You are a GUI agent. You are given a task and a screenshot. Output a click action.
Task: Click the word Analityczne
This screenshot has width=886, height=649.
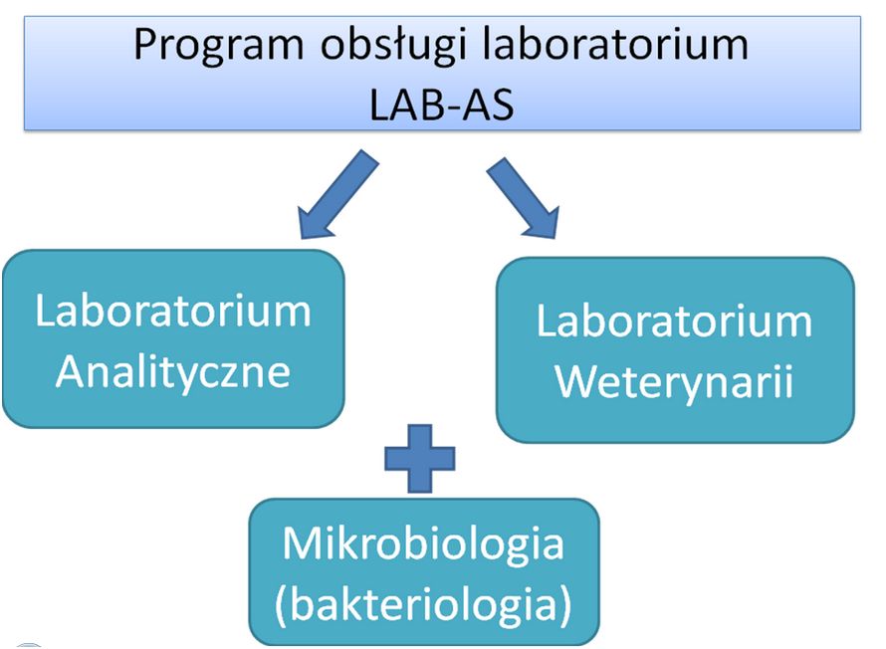173,371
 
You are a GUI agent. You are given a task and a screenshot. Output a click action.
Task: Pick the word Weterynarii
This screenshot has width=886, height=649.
674,381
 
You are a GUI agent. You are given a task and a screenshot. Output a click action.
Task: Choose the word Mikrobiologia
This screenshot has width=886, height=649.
423,544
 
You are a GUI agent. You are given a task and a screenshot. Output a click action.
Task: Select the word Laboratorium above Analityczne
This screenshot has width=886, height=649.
173,311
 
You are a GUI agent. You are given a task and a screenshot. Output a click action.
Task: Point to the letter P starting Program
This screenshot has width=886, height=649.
146,46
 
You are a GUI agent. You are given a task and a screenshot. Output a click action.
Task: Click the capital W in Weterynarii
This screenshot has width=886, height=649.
575,381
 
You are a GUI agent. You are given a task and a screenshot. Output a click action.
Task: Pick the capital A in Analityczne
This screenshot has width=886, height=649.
71,371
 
